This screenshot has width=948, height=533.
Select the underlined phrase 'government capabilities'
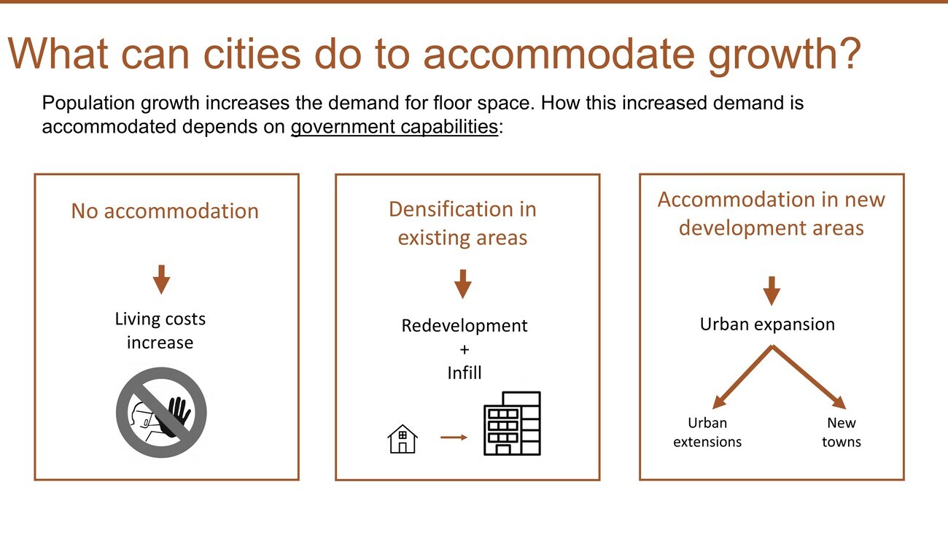(395, 127)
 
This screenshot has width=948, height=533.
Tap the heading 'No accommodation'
(165, 211)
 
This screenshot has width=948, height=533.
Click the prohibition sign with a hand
(161, 413)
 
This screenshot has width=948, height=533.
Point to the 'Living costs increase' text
(160, 330)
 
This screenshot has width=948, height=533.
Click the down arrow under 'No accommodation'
(161, 279)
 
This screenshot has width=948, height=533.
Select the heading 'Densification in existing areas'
(462, 223)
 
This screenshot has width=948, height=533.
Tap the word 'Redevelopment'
(465, 326)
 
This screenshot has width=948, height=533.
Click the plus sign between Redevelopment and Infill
(465, 349)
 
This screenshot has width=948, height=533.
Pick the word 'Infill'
(465, 373)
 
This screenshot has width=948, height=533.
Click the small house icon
(403, 439)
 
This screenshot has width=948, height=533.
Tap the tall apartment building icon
(512, 424)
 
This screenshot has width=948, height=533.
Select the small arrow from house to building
(454, 437)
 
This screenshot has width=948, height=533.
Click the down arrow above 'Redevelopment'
(462, 284)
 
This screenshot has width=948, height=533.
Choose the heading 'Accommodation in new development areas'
(771, 214)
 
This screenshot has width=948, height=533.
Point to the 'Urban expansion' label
(767, 324)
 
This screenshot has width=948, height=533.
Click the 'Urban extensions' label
(707, 432)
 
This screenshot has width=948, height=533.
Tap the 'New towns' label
(842, 432)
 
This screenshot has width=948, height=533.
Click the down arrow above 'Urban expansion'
(772, 291)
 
